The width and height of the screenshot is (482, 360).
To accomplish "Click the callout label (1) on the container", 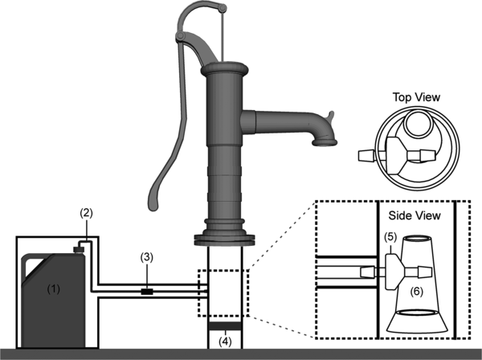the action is pos(54,289).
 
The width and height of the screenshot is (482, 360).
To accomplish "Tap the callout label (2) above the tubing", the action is pos(87,213).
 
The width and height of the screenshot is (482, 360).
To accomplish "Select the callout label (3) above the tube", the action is pos(147,257).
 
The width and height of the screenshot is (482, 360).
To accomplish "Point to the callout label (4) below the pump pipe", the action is pos(225,342).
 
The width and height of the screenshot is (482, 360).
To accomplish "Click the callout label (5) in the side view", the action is pos(390,237).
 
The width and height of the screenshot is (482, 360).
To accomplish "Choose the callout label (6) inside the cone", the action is pos(416,291).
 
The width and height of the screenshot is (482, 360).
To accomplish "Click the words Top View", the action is pos(416,97).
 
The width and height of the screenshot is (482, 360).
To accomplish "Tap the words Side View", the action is pos(415,215).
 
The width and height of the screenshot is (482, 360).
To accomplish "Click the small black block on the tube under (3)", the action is pos(147,292).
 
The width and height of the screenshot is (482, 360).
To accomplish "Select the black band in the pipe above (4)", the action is pos(225,326).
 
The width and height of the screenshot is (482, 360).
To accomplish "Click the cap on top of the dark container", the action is pos(78,249).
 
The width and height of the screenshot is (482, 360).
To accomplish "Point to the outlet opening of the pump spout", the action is pos(325,143).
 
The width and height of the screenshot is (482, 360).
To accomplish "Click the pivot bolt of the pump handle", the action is pos(180,37).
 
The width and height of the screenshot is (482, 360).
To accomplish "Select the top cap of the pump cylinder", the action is pos(224,68).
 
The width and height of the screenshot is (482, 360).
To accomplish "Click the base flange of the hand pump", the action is pos(224,240).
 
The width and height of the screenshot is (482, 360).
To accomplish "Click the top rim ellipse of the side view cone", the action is pos(415,238).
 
